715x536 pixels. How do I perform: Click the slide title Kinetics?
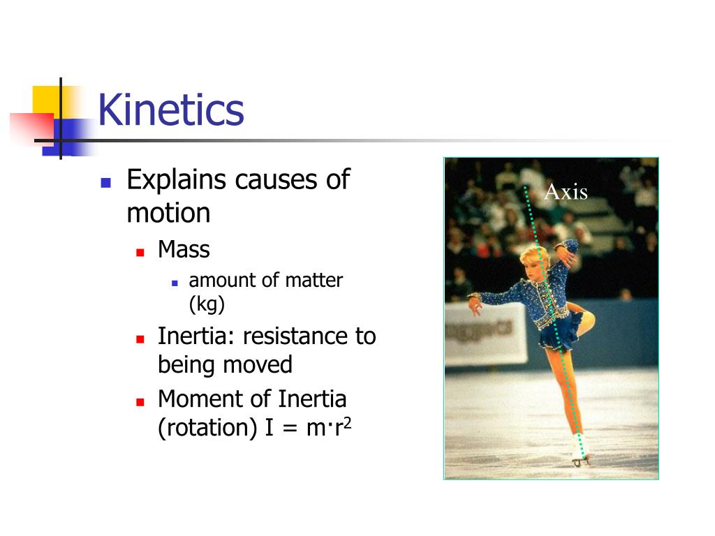(171, 110)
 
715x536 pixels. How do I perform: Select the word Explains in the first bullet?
(177, 181)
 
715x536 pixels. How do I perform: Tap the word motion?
(168, 213)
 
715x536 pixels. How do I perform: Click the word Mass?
(184, 249)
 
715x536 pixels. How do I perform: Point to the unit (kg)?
(207, 304)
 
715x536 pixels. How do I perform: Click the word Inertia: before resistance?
(197, 336)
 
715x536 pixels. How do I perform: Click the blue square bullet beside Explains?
(106, 183)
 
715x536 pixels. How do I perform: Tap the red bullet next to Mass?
(140, 251)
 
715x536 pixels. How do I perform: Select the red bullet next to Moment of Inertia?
(140, 402)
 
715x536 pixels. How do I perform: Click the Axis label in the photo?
(566, 192)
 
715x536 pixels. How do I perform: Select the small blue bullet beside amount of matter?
(175, 283)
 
